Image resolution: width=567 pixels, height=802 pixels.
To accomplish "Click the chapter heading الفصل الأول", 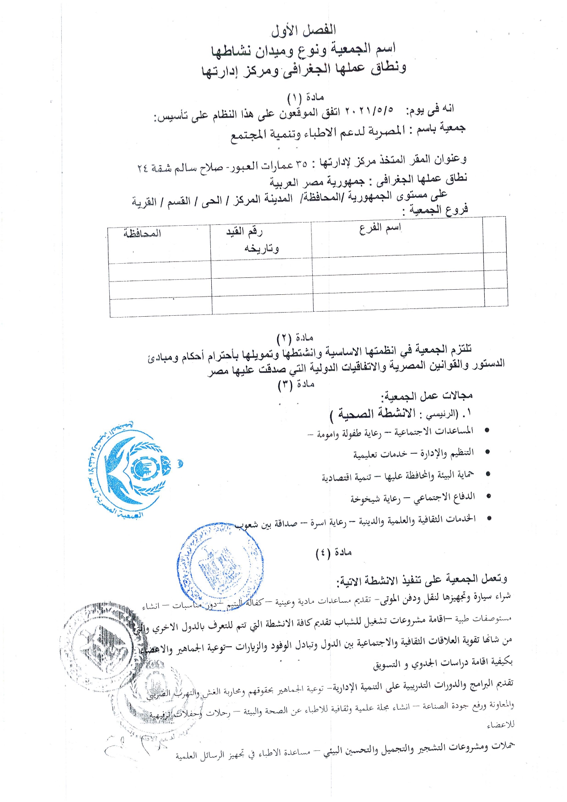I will [x=304, y=31].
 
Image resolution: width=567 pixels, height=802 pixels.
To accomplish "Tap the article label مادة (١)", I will [x=305, y=97].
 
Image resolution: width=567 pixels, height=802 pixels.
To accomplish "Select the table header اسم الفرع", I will [x=380, y=228].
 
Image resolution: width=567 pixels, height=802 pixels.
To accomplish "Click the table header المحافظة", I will [x=142, y=234].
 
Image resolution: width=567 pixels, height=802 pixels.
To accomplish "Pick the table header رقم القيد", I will [x=245, y=232].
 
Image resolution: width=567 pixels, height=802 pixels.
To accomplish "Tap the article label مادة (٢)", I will [x=295, y=338].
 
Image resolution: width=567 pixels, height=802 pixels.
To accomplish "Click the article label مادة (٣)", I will [x=296, y=384].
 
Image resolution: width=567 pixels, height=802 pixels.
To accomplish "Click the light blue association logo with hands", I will [x=130, y=471].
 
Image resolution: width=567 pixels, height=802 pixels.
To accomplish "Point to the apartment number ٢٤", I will [x=143, y=168].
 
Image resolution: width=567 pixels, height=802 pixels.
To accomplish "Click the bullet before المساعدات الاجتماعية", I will [x=487, y=430].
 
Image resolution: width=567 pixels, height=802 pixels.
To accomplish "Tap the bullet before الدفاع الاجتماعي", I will [x=489, y=496].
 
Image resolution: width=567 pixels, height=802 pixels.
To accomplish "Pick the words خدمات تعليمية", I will [x=380, y=454].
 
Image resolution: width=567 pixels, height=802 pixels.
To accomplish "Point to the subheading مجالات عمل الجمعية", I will [x=428, y=395].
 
